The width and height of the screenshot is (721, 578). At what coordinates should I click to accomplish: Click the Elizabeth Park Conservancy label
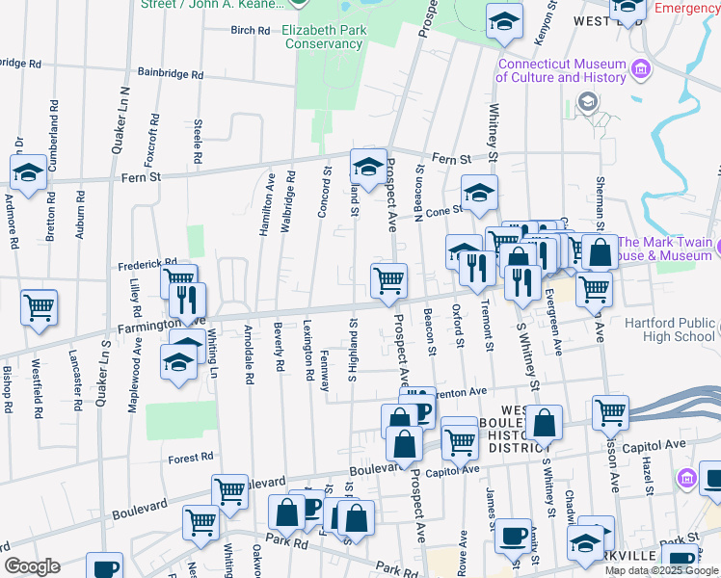(323, 37)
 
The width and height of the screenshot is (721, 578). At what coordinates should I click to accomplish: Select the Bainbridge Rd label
(171, 72)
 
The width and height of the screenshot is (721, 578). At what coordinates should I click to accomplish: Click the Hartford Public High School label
(670, 330)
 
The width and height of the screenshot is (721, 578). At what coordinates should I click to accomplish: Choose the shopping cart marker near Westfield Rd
(40, 308)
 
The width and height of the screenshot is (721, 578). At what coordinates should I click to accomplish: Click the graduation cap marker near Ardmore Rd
(29, 173)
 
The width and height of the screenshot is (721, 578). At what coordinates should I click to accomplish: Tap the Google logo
(32, 566)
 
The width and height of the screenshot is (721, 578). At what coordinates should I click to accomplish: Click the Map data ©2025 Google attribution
(661, 570)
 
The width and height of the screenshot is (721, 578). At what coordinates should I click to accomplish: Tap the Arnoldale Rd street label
(248, 366)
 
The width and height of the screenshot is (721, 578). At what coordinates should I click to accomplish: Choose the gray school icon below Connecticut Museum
(587, 102)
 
